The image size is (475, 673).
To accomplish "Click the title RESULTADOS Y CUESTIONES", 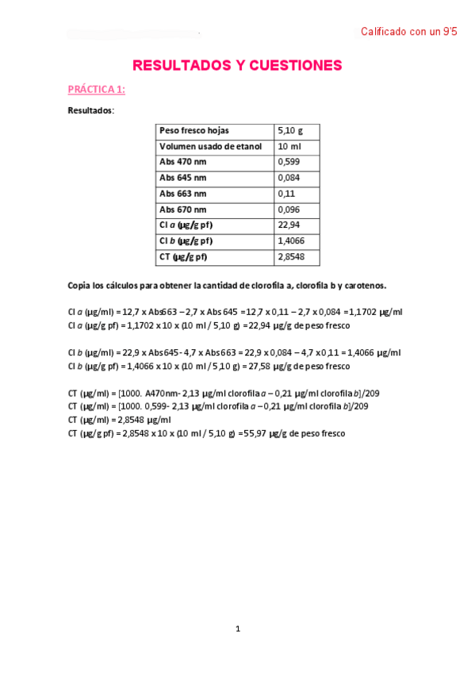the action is tap(237, 65).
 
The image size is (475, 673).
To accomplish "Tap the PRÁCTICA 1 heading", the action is tap(96, 90).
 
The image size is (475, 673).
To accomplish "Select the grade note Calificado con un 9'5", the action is tap(408, 32).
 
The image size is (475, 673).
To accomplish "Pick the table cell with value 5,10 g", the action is tap(290, 131).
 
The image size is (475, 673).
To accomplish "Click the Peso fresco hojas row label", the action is tap(194, 131).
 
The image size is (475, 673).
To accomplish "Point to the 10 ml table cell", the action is tap(288, 147).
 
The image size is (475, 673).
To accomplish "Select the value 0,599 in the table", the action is tap(289, 162).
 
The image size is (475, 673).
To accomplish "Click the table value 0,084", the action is tap(289, 178).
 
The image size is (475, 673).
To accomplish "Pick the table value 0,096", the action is tap(289, 210).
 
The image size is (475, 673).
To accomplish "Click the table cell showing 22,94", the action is tap(289, 225).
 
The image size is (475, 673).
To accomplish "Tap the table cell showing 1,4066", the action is tap(292, 240).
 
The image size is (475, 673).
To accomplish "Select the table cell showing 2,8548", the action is tap(292, 256).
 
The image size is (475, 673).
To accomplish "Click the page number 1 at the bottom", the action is tap(238, 629).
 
